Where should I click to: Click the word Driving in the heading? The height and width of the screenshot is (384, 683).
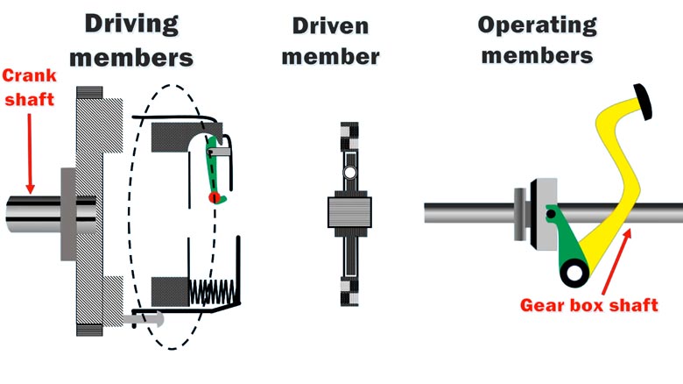click(x=132, y=23)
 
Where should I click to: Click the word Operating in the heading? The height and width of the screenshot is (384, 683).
click(x=537, y=24)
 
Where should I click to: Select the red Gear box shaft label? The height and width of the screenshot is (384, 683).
click(x=588, y=305)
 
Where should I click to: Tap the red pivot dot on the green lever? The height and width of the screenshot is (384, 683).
click(x=213, y=198)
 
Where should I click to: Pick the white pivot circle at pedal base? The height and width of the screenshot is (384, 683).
click(x=573, y=275)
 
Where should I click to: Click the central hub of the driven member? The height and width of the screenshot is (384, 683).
click(x=349, y=212)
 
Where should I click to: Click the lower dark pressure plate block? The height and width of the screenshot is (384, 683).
click(x=170, y=288)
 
